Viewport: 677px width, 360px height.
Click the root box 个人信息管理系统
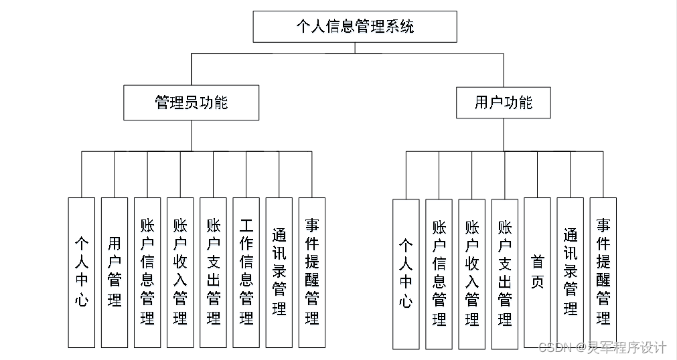pos(355,27)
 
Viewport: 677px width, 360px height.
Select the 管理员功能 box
pos(191,102)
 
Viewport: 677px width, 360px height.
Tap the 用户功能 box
pos(504,102)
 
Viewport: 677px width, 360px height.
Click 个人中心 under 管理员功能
pos(81,272)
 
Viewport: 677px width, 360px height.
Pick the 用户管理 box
pos(114,272)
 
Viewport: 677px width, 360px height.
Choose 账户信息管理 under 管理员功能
pos(147,272)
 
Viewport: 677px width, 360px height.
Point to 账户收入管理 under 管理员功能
pos(179,272)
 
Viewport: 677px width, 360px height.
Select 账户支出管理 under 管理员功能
pos(213,272)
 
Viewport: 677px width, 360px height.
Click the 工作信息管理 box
pos(246,272)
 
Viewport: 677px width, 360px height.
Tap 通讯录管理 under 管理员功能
pos(279,272)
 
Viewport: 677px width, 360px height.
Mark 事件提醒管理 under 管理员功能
pos(311,272)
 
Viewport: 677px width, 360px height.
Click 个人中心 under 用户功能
pos(406,274)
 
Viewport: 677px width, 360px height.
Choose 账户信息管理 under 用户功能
pos(439,274)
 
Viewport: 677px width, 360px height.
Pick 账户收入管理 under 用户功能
pos(471,274)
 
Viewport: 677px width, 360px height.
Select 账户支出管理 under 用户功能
pos(504,274)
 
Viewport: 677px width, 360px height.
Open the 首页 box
pos(537,273)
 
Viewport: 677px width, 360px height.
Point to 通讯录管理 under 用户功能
pos(570,273)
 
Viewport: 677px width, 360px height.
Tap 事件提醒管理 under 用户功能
pos(603,273)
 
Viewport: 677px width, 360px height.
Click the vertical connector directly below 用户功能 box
pos(504,135)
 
